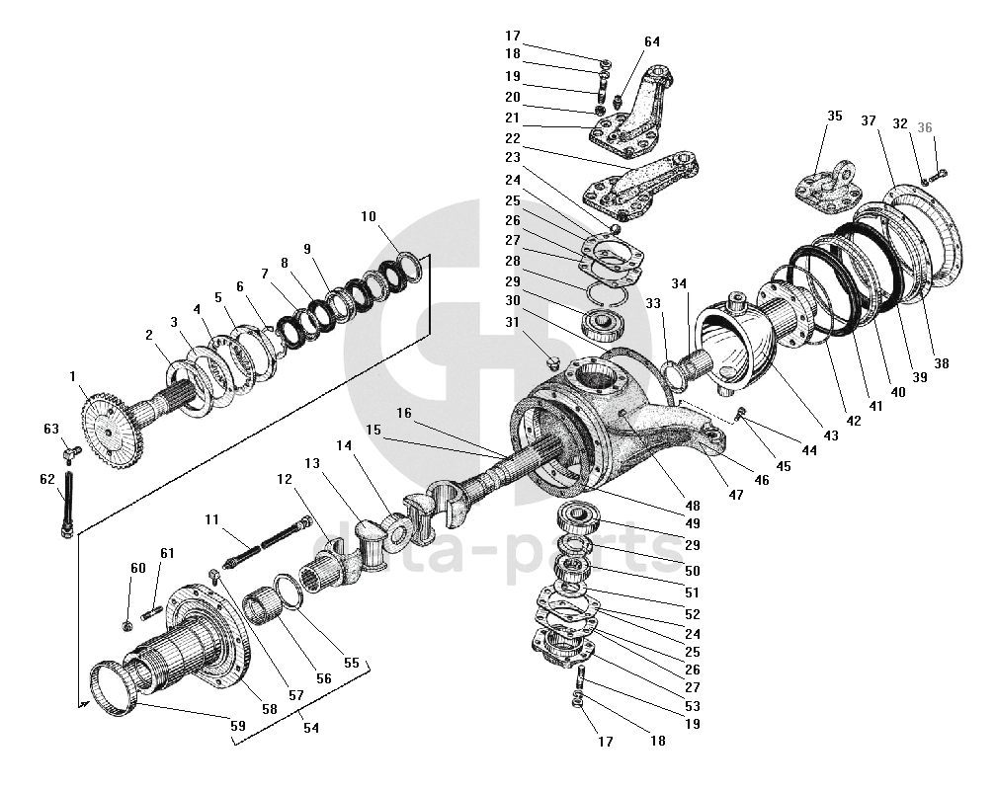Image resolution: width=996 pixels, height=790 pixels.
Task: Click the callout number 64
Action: [652, 41]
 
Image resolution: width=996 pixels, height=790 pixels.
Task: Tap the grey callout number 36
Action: [924, 127]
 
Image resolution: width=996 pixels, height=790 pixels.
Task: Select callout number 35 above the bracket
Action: [834, 116]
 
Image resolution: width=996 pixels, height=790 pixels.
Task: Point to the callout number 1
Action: [72, 375]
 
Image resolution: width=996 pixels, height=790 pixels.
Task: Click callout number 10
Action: [368, 217]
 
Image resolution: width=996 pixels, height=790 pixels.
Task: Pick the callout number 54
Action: [312, 727]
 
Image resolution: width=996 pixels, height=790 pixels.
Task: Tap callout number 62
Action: [45, 479]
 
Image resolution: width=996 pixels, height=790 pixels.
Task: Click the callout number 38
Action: [941, 363]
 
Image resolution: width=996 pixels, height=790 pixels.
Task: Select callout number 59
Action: [236, 726]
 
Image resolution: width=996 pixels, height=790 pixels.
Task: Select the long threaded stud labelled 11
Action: [267, 545]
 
